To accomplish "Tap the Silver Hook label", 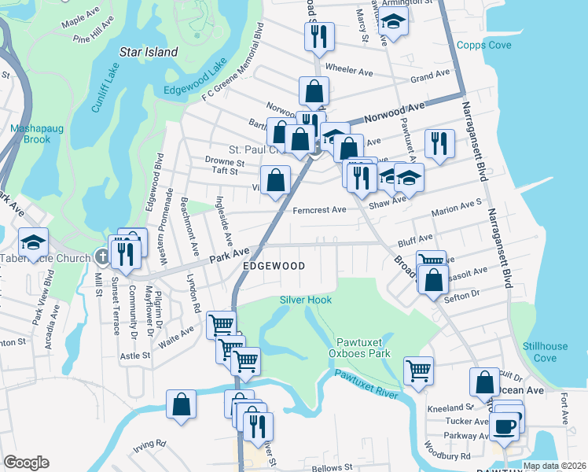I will click(x=306, y=300).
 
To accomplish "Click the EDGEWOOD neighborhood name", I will click(x=274, y=267).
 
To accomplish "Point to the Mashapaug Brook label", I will click(x=30, y=134).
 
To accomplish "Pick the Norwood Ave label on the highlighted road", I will click(x=394, y=109).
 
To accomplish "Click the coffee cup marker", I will click(x=504, y=426).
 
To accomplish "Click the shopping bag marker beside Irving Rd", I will click(x=182, y=404).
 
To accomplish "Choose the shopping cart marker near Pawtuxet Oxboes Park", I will click(x=418, y=369).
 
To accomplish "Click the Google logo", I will click(x=26, y=463).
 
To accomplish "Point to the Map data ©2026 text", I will click(x=553, y=466).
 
